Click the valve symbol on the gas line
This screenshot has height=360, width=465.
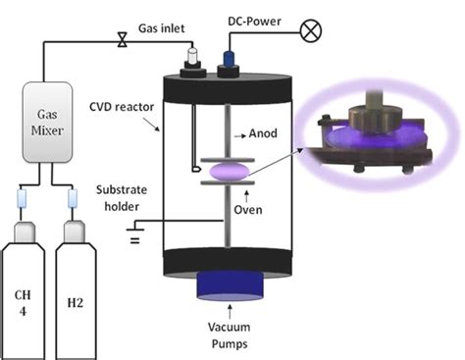(x=122, y=41)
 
